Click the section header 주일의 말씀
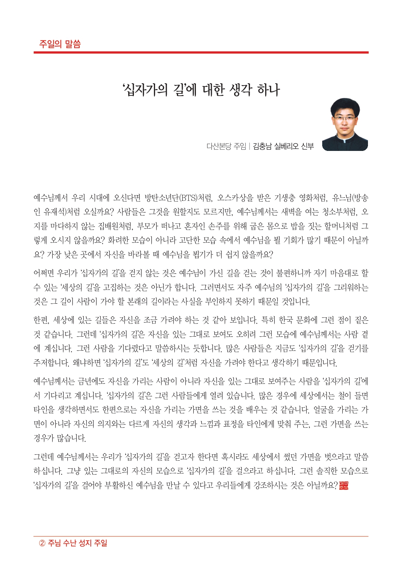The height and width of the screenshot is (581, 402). coord(60,44)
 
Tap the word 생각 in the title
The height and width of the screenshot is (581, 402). coord(240,90)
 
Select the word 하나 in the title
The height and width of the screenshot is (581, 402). coord(269,90)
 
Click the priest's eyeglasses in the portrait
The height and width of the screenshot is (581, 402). coord(344,118)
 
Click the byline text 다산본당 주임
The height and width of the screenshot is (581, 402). coord(226,146)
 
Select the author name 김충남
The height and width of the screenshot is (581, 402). coord(262,146)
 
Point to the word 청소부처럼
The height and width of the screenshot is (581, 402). coord(339,212)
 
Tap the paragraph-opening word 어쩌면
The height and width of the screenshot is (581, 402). coord(44,273)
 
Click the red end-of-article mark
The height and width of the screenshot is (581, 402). coord(343,485)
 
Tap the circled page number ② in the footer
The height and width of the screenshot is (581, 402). coord(42,543)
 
